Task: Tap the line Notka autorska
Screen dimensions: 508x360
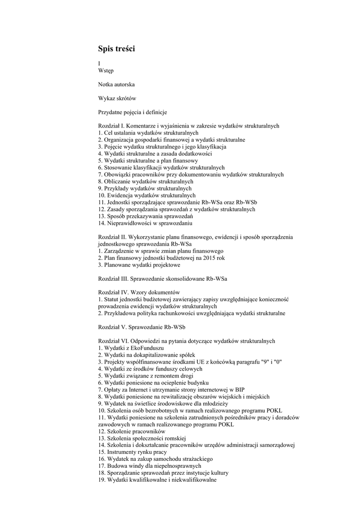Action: (116, 85)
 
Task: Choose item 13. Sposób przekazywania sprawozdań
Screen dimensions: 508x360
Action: (145, 216)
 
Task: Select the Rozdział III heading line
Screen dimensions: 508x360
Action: (162, 279)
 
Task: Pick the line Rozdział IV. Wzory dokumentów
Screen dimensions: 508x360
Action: (139, 293)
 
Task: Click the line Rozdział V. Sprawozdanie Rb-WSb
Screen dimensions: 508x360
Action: (142, 327)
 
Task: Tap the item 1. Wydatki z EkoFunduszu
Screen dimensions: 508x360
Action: (131, 348)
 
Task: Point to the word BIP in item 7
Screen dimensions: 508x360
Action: (239, 390)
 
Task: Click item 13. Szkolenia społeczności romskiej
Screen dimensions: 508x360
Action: (142, 439)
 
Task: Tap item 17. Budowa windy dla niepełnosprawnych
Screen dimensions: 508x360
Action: (149, 466)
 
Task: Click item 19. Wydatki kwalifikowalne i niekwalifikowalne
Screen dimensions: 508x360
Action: (157, 480)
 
